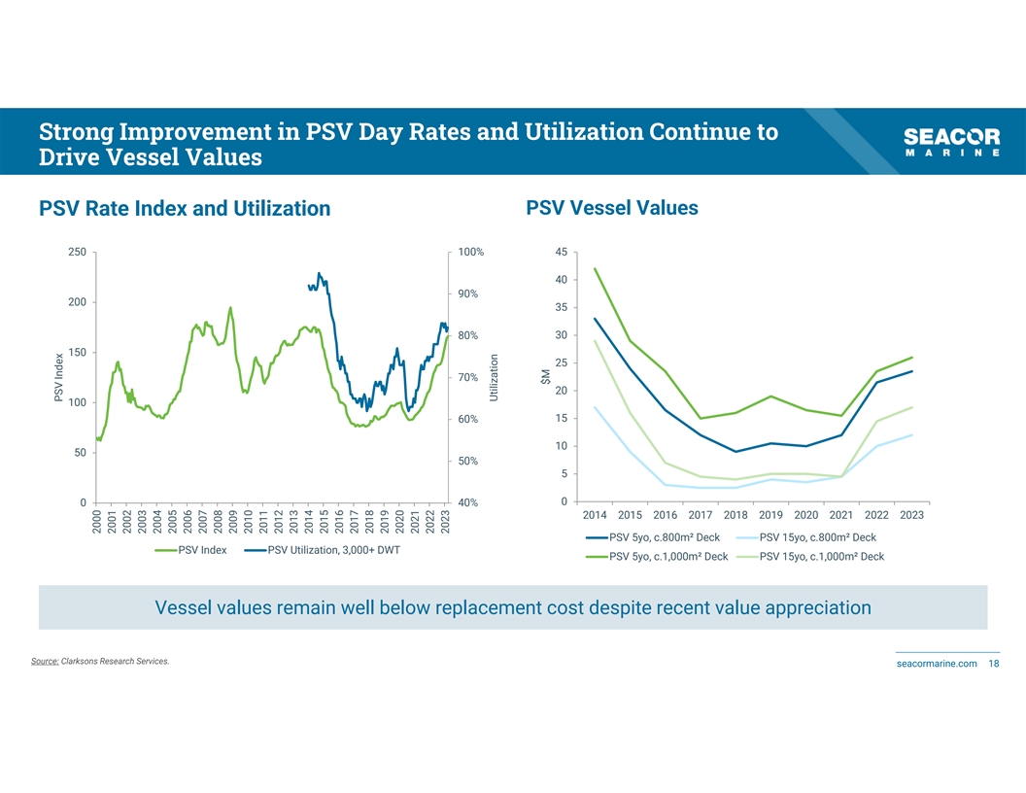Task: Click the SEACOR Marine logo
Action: click(951, 143)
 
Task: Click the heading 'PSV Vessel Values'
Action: click(611, 208)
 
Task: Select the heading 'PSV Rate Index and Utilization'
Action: click(185, 209)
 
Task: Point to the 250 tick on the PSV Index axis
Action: click(77, 252)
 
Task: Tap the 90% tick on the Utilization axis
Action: click(467, 293)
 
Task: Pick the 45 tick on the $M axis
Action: click(561, 252)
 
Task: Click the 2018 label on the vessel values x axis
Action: click(735, 515)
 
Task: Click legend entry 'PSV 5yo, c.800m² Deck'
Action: click(665, 537)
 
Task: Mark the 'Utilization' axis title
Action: click(494, 377)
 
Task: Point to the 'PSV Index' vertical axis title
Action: click(59, 377)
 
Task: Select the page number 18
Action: click(993, 664)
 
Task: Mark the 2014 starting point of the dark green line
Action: click(595, 268)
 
